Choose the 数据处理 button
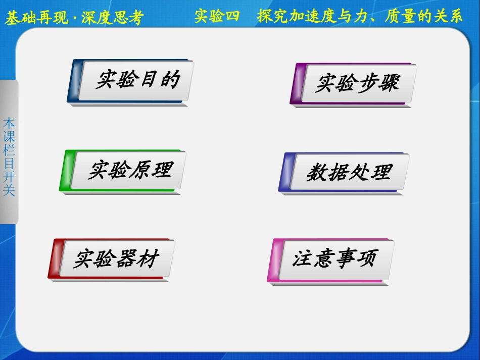pos(349,172)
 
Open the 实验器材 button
pos(116,259)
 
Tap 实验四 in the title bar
pos(217,17)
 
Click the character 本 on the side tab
pos(9,123)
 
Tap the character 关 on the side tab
pos(9,190)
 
